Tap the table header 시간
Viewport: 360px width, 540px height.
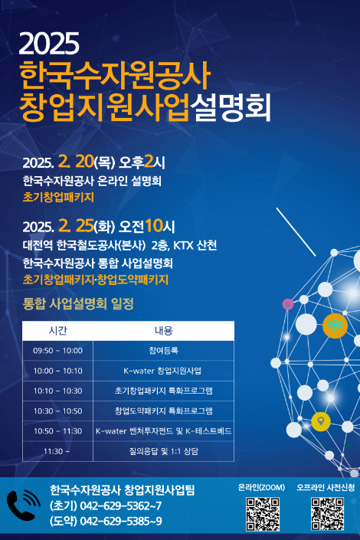(x=58, y=331)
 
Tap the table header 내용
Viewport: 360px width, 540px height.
(x=163, y=331)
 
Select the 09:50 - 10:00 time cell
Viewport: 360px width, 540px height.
(x=58, y=351)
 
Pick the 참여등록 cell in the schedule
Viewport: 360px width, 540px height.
(x=163, y=351)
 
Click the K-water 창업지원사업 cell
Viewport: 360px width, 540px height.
(x=163, y=371)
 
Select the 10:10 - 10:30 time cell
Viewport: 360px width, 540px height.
(x=58, y=391)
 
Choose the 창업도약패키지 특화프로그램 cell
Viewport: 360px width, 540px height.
(x=163, y=411)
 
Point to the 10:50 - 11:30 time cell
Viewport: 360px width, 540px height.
(x=58, y=431)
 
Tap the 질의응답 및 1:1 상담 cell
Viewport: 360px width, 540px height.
(x=163, y=451)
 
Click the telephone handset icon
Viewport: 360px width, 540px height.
(x=22, y=506)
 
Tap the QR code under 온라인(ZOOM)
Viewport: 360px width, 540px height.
(x=262, y=514)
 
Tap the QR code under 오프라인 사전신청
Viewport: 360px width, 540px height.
(x=327, y=514)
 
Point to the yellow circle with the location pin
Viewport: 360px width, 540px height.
(x=320, y=421)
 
